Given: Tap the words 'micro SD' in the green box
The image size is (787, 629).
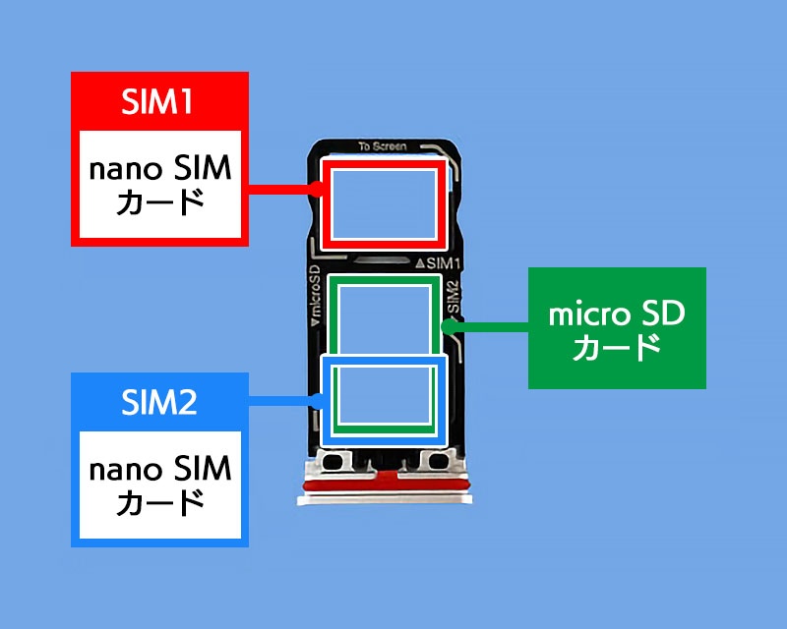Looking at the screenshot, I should [617, 314].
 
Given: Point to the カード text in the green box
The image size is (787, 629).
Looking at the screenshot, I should [617, 347].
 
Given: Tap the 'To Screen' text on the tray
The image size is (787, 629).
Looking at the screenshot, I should [383, 146].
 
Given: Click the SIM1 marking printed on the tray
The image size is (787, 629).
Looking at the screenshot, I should [444, 263].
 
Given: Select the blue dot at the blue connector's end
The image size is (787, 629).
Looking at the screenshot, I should [316, 399].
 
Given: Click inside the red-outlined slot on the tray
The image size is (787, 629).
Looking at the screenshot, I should [384, 204].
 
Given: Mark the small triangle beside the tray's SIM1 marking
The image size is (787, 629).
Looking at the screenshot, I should [420, 263].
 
